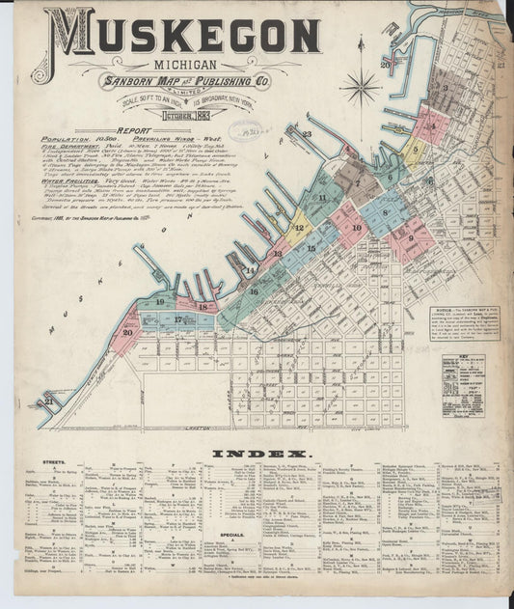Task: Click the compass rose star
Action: (361, 87)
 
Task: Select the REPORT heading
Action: (135, 130)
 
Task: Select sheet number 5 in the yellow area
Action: (415, 150)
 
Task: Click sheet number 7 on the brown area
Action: (357, 182)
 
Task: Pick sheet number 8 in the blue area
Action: (385, 213)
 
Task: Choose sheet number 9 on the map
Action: (410, 236)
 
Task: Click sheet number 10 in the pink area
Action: (357, 229)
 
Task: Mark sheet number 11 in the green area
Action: (322, 198)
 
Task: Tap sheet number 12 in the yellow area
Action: (299, 229)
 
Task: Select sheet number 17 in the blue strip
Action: (177, 318)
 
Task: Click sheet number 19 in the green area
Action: (157, 302)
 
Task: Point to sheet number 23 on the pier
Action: (308, 134)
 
